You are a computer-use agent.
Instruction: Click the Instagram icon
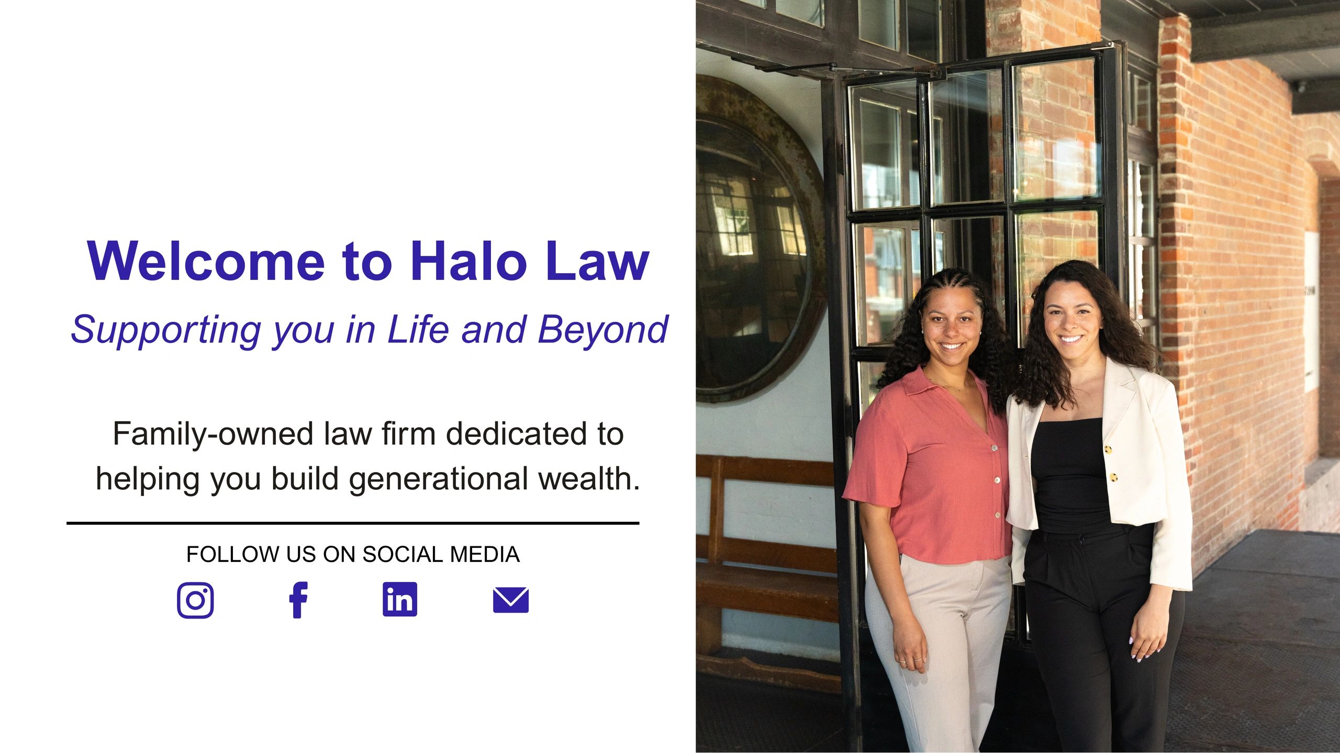195,600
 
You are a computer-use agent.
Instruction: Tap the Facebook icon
298,600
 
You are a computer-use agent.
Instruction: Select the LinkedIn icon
400,599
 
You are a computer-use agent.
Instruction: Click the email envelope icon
511,600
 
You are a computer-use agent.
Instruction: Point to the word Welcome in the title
206,261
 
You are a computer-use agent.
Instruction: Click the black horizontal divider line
353,523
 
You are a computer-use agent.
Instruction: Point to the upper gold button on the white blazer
1108,449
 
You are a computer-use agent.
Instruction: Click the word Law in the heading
597,261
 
